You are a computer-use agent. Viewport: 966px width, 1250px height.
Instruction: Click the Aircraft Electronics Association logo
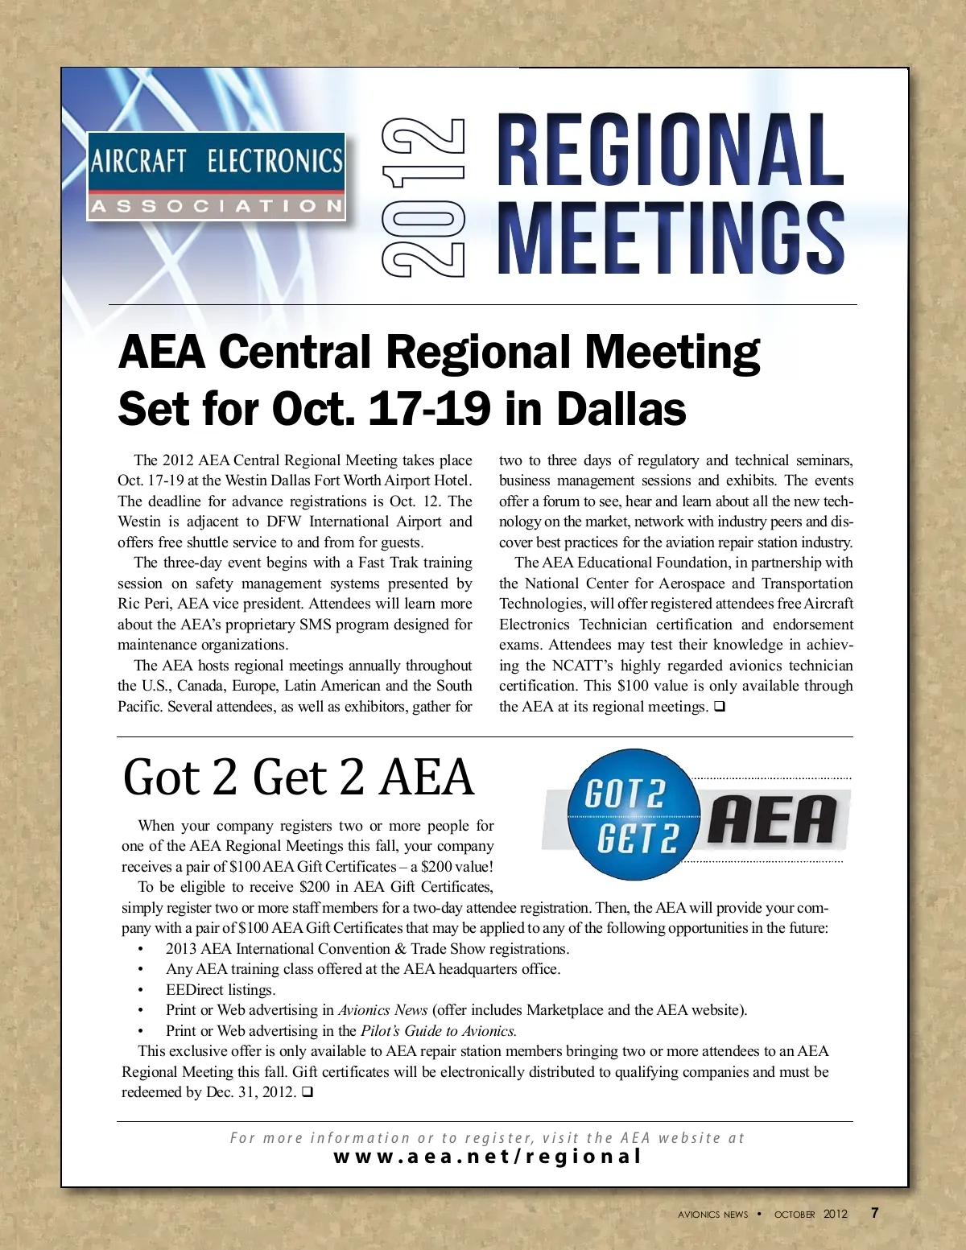[217, 176]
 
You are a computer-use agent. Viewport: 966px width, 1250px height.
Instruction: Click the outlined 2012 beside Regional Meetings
[423, 197]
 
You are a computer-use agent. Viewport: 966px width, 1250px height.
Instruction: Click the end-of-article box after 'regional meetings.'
[719, 707]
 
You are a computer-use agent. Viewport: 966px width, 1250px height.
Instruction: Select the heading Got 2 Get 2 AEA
[299, 778]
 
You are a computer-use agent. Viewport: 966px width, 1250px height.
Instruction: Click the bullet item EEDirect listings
[221, 990]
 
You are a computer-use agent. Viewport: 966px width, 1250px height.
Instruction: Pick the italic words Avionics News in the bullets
[382, 1010]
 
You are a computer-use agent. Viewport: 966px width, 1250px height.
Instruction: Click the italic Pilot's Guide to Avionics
[438, 1031]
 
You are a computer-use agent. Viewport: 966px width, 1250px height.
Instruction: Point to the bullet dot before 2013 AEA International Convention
[141, 950]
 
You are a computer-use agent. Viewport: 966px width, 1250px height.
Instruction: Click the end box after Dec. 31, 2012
[307, 1093]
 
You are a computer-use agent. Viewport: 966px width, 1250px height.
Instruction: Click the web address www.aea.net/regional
[487, 1157]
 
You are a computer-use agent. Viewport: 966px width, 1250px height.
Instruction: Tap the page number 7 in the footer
[875, 1213]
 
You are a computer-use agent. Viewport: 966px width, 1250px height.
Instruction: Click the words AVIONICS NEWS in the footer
[712, 1215]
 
